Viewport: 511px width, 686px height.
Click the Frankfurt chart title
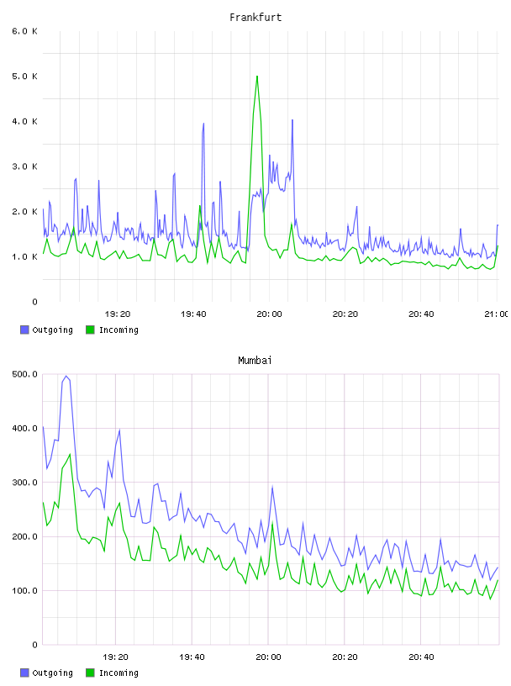coord(255,18)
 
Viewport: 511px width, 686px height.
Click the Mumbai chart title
coord(255,361)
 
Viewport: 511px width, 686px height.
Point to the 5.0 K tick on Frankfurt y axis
coord(25,77)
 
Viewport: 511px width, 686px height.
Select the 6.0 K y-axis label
coord(25,31)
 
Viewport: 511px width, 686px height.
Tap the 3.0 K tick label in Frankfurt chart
coord(25,166)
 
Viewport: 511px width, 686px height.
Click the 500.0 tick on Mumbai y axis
coord(25,374)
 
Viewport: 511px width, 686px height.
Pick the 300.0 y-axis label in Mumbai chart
coord(25,482)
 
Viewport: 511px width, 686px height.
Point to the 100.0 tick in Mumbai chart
coord(25,590)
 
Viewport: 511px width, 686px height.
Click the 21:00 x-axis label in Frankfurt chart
coord(496,314)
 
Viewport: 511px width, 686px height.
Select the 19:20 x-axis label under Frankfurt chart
coord(118,314)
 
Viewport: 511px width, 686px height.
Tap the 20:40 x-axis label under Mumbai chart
coord(421,657)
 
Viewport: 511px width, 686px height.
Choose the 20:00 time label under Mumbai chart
coord(268,657)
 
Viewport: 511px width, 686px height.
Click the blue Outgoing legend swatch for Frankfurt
coord(24,330)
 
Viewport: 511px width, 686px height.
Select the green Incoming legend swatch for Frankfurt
coord(90,330)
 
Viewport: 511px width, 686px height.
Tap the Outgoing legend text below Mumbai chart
coord(52,673)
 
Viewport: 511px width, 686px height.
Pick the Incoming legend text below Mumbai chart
coord(119,673)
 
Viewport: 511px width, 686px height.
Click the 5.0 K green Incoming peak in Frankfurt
coord(257,77)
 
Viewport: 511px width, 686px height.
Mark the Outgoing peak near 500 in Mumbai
coord(66,377)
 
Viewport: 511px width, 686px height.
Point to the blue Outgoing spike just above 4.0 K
coord(292,120)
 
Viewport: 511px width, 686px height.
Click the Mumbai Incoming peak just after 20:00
coord(272,524)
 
